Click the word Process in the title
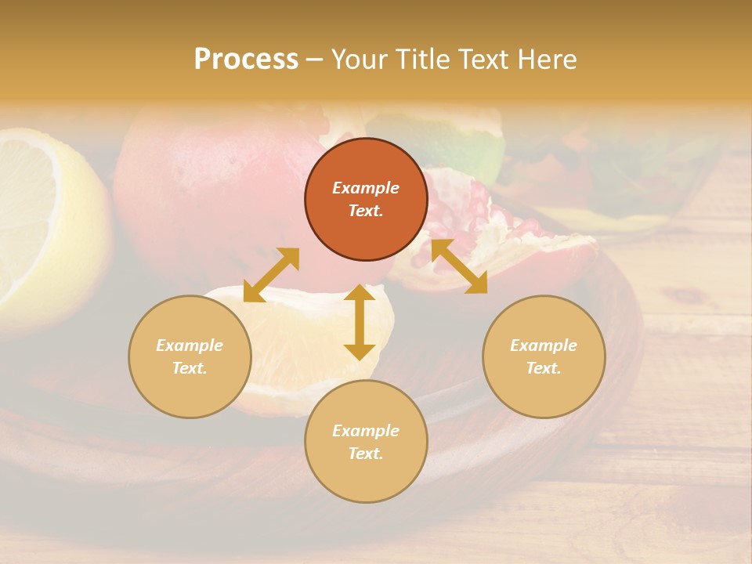pyautogui.click(x=246, y=60)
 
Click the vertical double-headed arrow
pyautogui.click(x=360, y=322)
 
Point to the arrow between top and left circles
pyautogui.click(x=271, y=275)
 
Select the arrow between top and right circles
pyautogui.click(x=459, y=266)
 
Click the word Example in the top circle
pyautogui.click(x=366, y=188)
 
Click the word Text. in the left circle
pyautogui.click(x=190, y=368)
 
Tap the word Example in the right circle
pyautogui.click(x=544, y=345)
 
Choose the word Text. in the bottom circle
pyautogui.click(x=366, y=454)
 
